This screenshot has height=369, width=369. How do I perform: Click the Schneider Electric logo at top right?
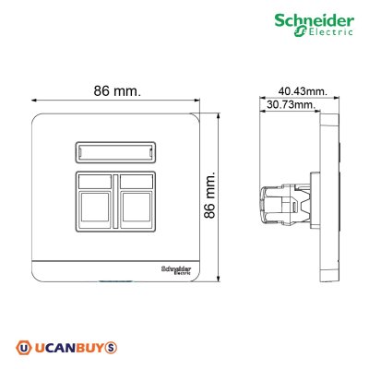coord(319,26)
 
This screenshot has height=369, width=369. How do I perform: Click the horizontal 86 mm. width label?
coord(118,91)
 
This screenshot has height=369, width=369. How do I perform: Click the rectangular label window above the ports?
coord(113,150)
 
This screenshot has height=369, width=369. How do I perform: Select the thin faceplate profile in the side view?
coord(322,198)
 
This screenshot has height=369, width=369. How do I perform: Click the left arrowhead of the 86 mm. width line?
coord(33,101)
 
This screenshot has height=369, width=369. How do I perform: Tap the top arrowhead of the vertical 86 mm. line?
coord(218,117)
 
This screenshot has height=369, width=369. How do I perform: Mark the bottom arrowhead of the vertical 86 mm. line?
coord(218,280)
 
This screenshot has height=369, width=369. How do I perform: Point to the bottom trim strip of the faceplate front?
coord(111,271)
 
